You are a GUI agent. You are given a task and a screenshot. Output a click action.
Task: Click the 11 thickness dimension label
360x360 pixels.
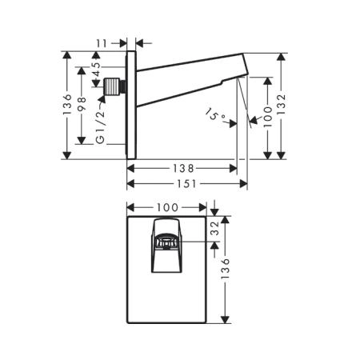pos(102,43)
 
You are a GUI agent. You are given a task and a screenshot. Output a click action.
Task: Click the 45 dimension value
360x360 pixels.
pos(96,69)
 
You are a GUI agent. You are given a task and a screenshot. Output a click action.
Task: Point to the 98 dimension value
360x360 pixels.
pos(82,104)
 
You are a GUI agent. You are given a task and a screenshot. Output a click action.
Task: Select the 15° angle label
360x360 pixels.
pos(215,114)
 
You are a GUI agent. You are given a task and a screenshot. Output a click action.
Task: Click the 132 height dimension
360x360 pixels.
pos(281,104)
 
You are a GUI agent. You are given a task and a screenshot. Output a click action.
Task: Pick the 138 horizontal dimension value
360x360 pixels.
pos(183,168)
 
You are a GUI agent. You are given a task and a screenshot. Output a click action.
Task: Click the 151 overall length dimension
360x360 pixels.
pos(186,184)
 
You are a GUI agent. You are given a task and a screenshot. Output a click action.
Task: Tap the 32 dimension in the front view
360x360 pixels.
pos(214,228)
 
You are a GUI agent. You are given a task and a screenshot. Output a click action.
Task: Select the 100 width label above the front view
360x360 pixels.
pos(167,207)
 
